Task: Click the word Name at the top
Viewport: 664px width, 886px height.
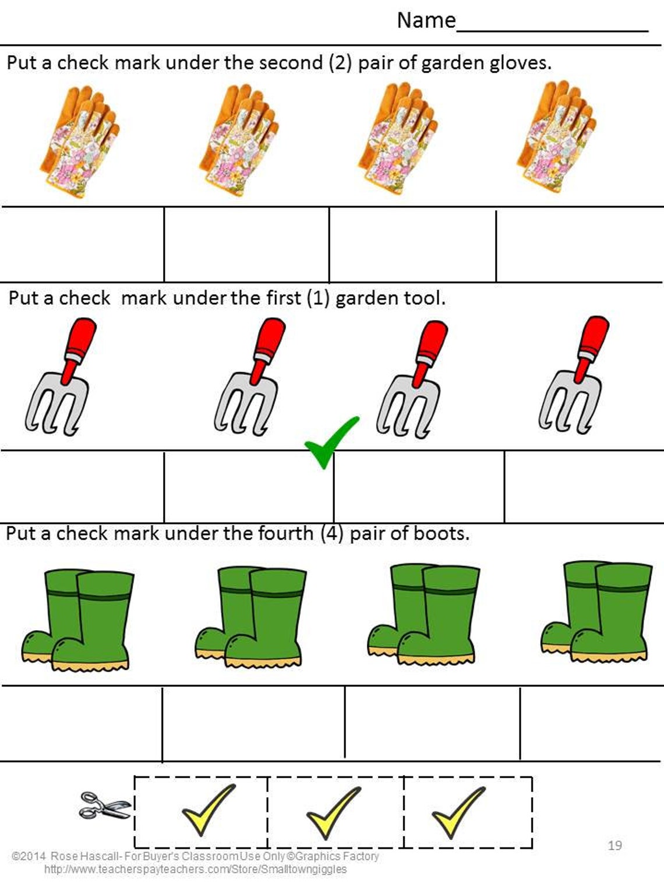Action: pos(426,20)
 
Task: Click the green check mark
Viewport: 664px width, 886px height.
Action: pos(330,441)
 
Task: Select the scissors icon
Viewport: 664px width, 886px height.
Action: pos(104,806)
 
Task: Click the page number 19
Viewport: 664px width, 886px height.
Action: pos(614,845)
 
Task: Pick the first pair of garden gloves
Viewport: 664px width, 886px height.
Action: pos(80,140)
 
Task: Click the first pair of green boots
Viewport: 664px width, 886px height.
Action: pos(77,620)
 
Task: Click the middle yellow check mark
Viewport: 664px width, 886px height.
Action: pos(333,811)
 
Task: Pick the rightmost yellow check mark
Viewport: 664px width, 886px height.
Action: pos(457,810)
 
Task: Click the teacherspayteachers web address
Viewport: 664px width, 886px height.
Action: pos(195,869)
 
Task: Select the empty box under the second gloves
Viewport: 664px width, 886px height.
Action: pos(246,245)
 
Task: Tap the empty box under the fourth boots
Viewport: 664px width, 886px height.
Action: pos(591,723)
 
